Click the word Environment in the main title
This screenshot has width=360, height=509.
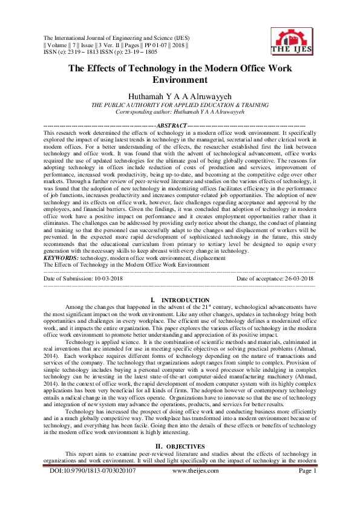tap(180, 79)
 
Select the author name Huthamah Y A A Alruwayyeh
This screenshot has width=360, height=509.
tap(180, 96)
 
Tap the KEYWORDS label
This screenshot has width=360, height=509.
tap(65, 258)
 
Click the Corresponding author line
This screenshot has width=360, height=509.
tap(180, 112)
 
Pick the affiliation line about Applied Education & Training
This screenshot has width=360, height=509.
tap(180, 105)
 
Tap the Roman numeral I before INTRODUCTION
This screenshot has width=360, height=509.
tap(151, 300)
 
